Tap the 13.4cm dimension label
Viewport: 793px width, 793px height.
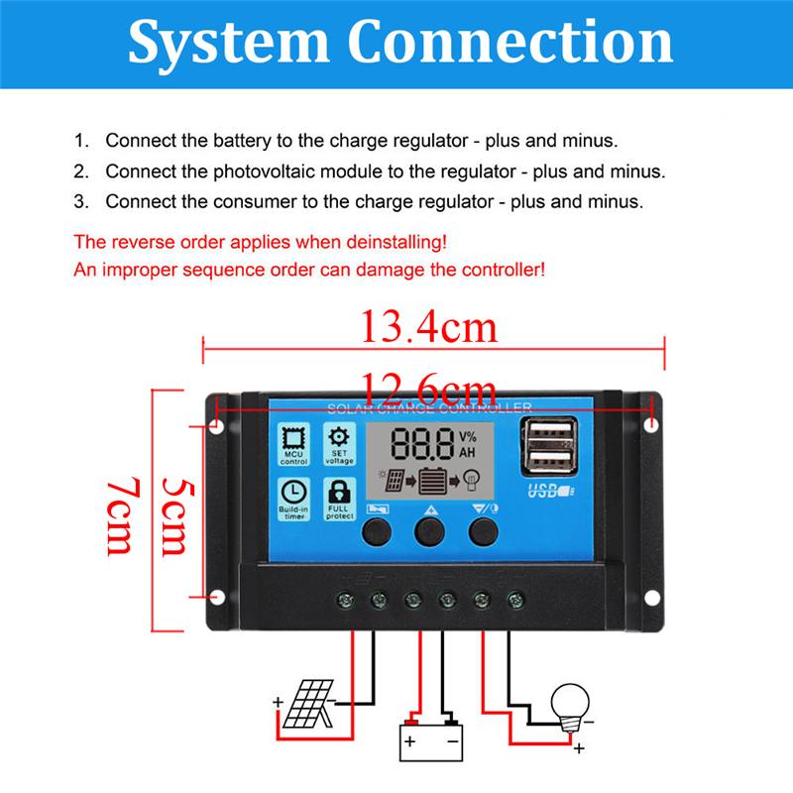click(427, 326)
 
